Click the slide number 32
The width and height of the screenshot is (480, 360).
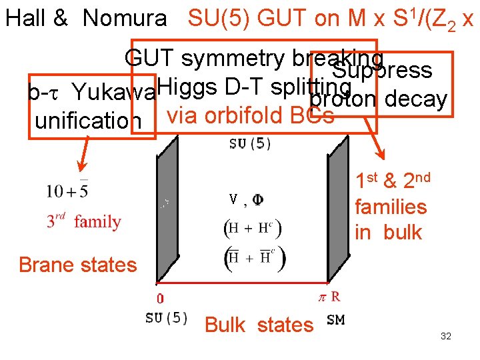tap(446, 336)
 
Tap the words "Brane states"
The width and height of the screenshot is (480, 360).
tap(77, 265)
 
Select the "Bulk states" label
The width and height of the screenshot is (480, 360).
tap(259, 325)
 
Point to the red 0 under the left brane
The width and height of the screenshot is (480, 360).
tap(160, 299)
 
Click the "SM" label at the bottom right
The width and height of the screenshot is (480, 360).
tap(336, 320)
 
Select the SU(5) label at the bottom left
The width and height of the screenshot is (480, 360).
tap(166, 318)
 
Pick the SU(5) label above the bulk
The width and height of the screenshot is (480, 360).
tap(250, 144)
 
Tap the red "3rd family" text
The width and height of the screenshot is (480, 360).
tap(83, 221)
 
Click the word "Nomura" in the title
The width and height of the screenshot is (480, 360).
tap(125, 18)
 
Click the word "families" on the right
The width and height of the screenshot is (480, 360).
tap(391, 207)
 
